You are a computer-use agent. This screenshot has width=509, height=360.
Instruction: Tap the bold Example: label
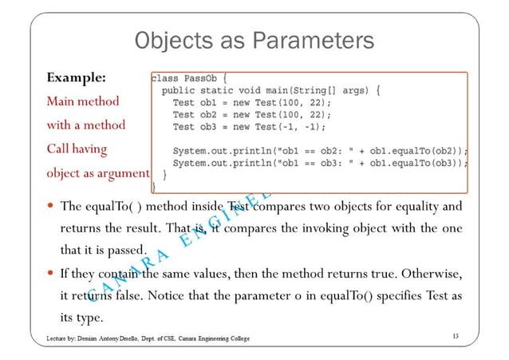click(77, 79)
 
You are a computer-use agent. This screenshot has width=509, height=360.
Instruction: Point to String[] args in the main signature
click(335, 91)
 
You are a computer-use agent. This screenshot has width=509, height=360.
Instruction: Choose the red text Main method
click(83, 102)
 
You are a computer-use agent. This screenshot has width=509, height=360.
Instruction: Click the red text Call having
click(77, 148)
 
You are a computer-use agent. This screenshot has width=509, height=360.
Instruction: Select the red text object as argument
click(98, 172)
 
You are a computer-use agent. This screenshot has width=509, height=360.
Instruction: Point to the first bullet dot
click(51, 207)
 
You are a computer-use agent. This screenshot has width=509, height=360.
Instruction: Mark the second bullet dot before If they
click(51, 274)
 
